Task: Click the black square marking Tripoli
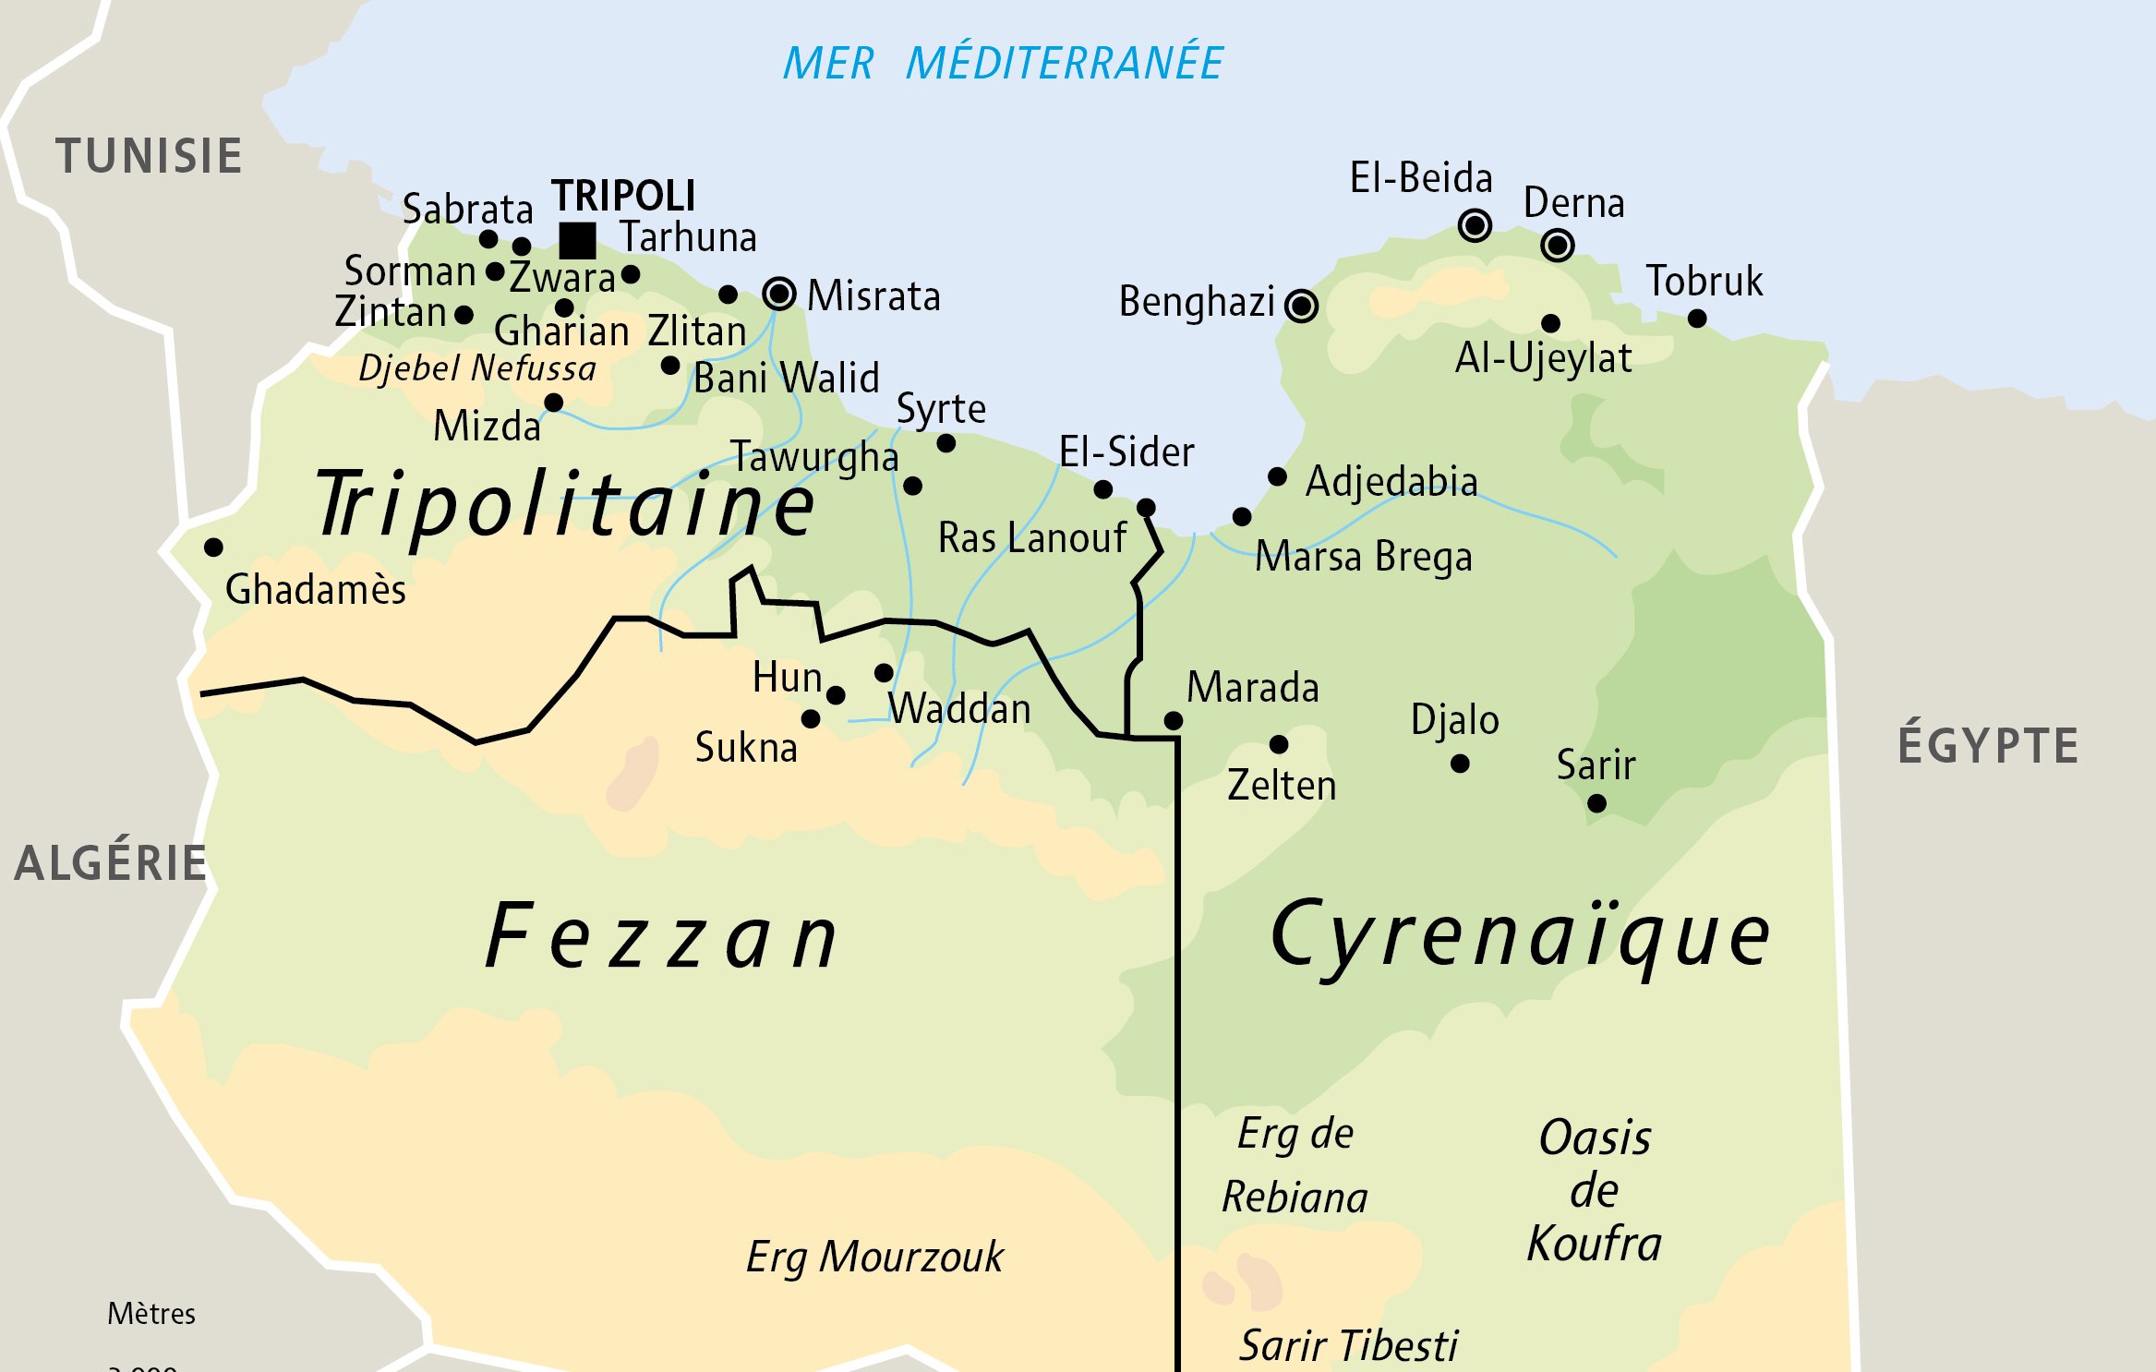[x=577, y=241]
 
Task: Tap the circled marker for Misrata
[x=779, y=294]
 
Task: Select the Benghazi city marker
[x=1301, y=305]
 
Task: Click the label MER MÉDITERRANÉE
[x=1003, y=64]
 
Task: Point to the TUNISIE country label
[x=149, y=155]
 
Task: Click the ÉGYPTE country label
[x=1987, y=745]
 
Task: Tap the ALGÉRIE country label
[x=111, y=863]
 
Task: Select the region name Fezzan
[x=661, y=937]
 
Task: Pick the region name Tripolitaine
[x=565, y=505]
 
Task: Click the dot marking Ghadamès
[x=213, y=548]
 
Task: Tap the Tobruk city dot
[x=1697, y=319]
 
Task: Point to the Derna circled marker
[x=1558, y=245]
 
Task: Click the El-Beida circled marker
[x=1475, y=225]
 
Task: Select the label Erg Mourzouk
[x=873, y=1258]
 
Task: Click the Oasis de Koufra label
[x=1595, y=1190]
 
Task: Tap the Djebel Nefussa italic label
[x=477, y=368]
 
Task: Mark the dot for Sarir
[x=1596, y=803]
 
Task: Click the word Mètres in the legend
[x=151, y=1313]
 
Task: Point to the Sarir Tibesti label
[x=1348, y=1345]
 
